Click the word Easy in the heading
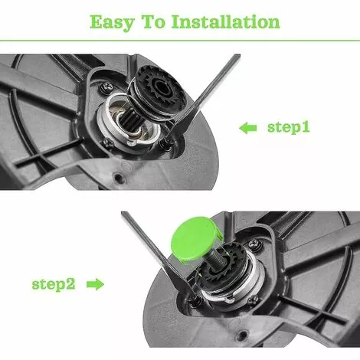tap(112, 22)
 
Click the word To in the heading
tap(153, 21)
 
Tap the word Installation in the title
tap(226, 21)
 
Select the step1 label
tap(289, 127)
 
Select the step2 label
tap(54, 284)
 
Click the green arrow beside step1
tap(248, 128)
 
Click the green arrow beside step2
tap(95, 284)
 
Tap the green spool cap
tap(197, 238)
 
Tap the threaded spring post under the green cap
tap(216, 257)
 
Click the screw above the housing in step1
tap(106, 87)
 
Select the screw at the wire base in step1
tap(166, 142)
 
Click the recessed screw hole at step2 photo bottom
tap(241, 335)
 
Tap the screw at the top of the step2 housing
tap(254, 244)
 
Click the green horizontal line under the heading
tap(180, 41)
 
